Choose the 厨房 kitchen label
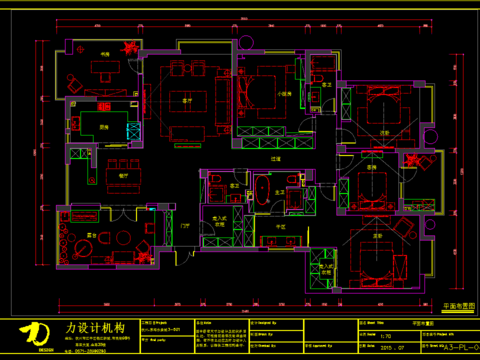103,127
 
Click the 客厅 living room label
186,101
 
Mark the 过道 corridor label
275,158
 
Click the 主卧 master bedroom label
377,236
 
